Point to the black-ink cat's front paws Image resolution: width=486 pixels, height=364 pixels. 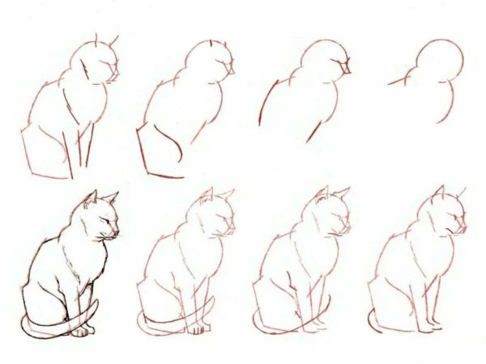[81, 330]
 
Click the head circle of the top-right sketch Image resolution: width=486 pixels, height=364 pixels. [437, 60]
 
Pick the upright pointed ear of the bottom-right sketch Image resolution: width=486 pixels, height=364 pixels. [440, 194]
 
